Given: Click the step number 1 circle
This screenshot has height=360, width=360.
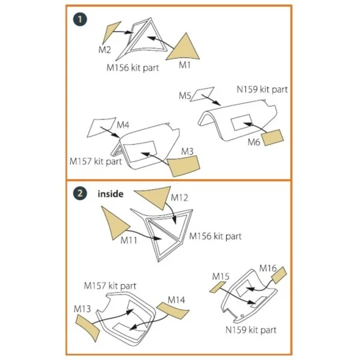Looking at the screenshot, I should (x=81, y=20).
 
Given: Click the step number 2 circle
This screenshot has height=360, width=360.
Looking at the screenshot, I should (x=81, y=193).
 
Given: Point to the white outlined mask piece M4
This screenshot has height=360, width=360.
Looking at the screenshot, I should (x=101, y=125).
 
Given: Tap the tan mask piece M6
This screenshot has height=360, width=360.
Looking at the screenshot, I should (x=275, y=138).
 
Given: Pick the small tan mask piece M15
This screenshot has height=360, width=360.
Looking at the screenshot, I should (x=217, y=285).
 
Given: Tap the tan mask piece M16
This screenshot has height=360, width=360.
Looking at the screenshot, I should (x=279, y=275).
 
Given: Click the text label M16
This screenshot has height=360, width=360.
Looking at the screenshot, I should (x=267, y=268).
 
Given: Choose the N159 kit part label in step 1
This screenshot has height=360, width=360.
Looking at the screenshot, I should (x=262, y=89).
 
